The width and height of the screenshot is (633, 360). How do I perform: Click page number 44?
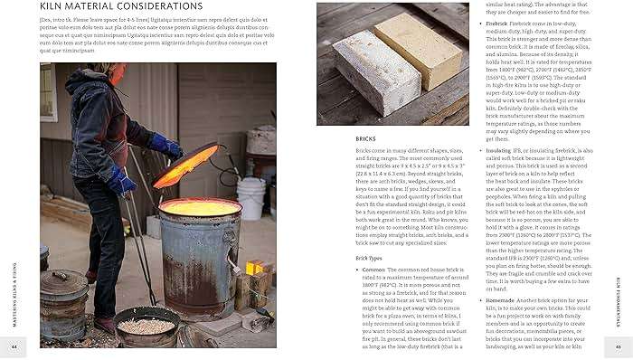[14, 347]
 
